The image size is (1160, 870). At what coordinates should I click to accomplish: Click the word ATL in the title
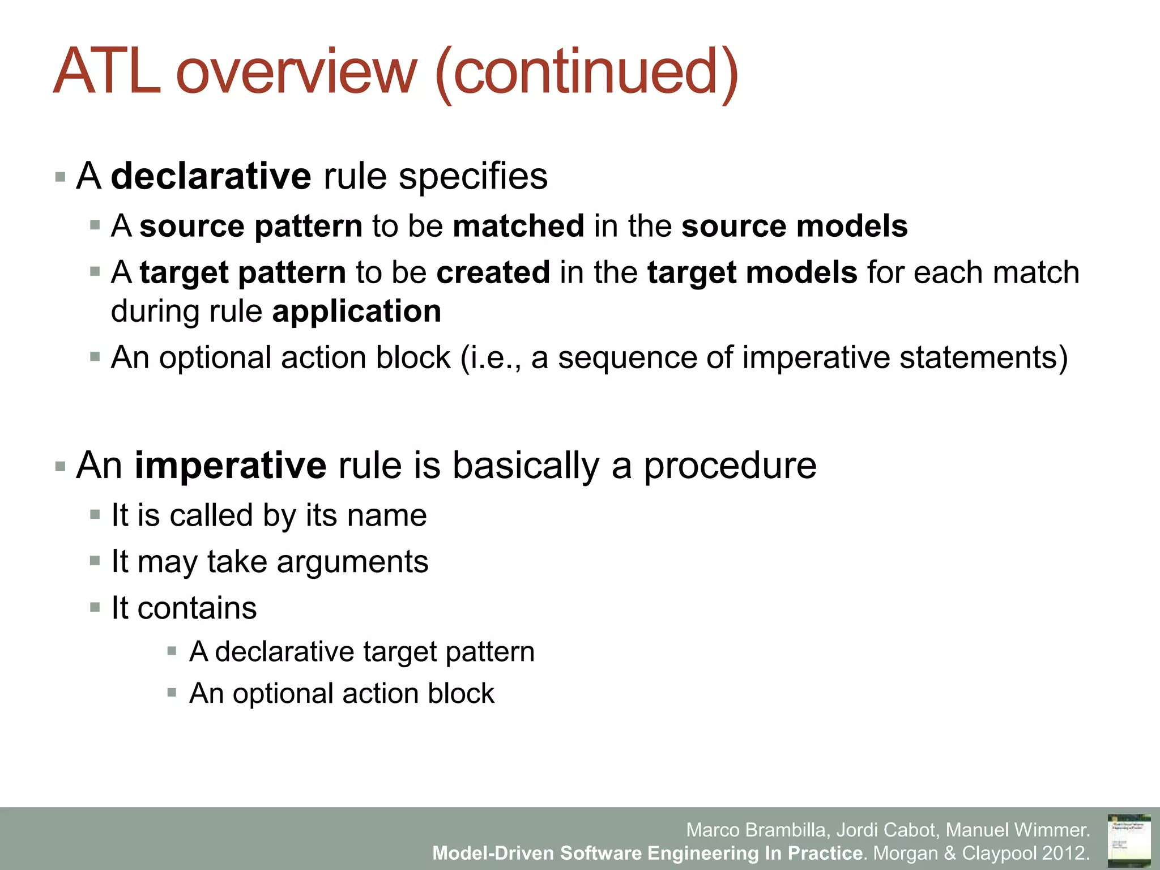(x=108, y=72)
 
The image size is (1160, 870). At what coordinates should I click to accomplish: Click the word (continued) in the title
(x=586, y=74)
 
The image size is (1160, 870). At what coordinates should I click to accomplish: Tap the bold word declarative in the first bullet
(x=211, y=176)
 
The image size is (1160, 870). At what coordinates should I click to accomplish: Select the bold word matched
(x=518, y=226)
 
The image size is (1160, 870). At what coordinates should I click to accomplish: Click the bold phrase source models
(x=794, y=226)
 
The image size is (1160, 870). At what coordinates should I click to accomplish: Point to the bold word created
(x=493, y=272)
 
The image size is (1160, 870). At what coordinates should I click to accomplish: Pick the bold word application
(x=356, y=312)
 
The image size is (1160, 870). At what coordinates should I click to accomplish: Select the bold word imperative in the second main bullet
(x=230, y=466)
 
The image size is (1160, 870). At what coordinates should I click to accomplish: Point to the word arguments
(x=352, y=562)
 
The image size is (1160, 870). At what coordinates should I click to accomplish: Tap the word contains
(x=197, y=608)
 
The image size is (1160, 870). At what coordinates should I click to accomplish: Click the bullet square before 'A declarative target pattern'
(x=172, y=651)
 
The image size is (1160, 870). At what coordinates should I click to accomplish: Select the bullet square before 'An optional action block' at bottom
(x=172, y=692)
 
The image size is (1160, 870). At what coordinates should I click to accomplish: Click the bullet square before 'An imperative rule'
(x=60, y=467)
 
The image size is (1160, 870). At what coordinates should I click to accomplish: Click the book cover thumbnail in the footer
(x=1129, y=838)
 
